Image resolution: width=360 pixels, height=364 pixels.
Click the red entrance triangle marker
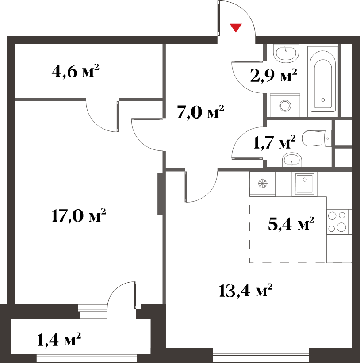click(236, 27)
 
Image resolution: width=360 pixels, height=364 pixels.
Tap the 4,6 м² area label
click(76, 71)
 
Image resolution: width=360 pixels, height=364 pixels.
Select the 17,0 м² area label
click(79, 215)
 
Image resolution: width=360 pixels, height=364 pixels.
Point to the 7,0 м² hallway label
click(200, 111)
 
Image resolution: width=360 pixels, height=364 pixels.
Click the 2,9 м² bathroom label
click(274, 76)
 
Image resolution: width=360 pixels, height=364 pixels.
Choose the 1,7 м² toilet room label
click(275, 142)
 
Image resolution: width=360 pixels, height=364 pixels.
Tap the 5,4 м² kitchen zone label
click(291, 223)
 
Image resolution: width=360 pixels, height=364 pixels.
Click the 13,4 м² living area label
click(245, 290)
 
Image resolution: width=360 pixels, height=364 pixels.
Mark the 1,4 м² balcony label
click(59, 339)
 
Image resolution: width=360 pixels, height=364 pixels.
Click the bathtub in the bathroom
click(323, 81)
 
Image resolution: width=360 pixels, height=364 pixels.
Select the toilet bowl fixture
click(317, 138)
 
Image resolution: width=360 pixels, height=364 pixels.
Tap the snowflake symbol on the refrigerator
click(263, 184)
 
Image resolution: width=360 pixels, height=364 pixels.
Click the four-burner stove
click(337, 222)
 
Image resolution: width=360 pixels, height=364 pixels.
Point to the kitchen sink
click(305, 184)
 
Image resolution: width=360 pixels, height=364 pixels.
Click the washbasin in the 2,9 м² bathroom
click(286, 53)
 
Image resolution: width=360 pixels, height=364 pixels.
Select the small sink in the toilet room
click(292, 160)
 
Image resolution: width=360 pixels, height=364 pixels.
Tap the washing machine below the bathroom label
click(285, 105)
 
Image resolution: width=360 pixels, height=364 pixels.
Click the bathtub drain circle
click(323, 100)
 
